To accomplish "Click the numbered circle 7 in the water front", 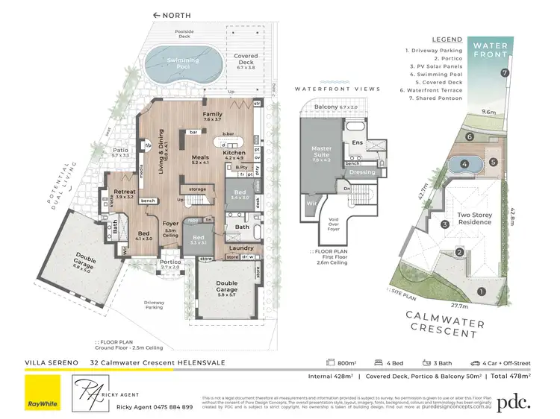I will [505, 73].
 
